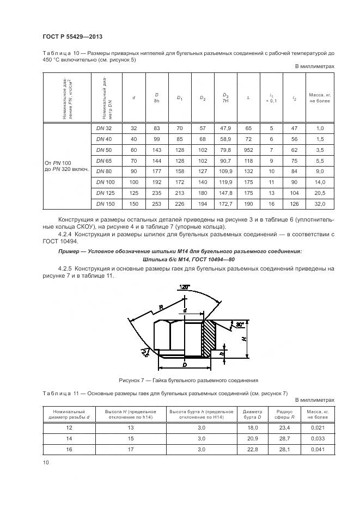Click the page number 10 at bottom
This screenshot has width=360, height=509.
coord(46,462)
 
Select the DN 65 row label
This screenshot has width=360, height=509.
coord(103,161)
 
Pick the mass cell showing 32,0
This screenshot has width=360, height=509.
coord(320,204)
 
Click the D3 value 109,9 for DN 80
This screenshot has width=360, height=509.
coord(225,171)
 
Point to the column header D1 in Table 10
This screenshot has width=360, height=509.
coord(179,98)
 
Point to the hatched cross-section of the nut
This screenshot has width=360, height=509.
coord(209,338)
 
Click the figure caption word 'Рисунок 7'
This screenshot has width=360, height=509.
coord(132,380)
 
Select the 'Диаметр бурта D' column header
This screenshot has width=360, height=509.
coord(252,414)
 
